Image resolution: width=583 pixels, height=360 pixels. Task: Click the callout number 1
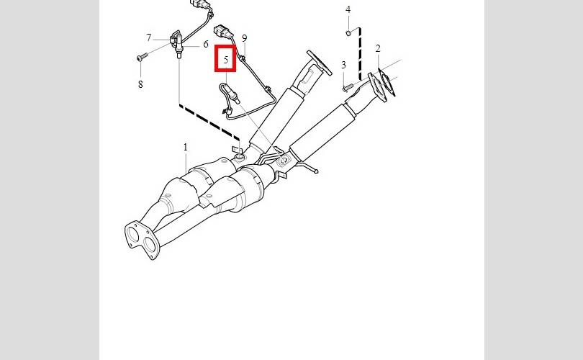pyautogui.click(x=185, y=147)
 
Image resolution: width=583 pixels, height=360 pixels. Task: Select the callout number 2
pyautogui.click(x=378, y=49)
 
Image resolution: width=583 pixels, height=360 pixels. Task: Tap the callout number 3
pyautogui.click(x=343, y=66)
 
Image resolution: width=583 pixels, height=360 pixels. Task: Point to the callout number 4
pyautogui.click(x=348, y=10)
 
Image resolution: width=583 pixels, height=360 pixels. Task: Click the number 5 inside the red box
pyautogui.click(x=226, y=60)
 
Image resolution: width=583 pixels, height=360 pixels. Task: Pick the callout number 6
pyautogui.click(x=205, y=44)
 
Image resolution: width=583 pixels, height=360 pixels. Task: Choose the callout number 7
pyautogui.click(x=149, y=37)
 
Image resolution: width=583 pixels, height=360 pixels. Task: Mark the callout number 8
pyautogui.click(x=140, y=84)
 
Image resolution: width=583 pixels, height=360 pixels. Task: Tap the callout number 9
pyautogui.click(x=244, y=38)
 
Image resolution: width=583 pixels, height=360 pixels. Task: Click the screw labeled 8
pyautogui.click(x=140, y=55)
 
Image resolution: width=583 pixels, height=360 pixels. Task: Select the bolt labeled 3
pyautogui.click(x=348, y=87)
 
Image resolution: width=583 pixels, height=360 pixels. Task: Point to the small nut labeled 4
pyautogui.click(x=348, y=32)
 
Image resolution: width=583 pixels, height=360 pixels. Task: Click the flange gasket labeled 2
pyautogui.click(x=387, y=82)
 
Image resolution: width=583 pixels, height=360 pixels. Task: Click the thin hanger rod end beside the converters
pyautogui.click(x=315, y=171)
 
